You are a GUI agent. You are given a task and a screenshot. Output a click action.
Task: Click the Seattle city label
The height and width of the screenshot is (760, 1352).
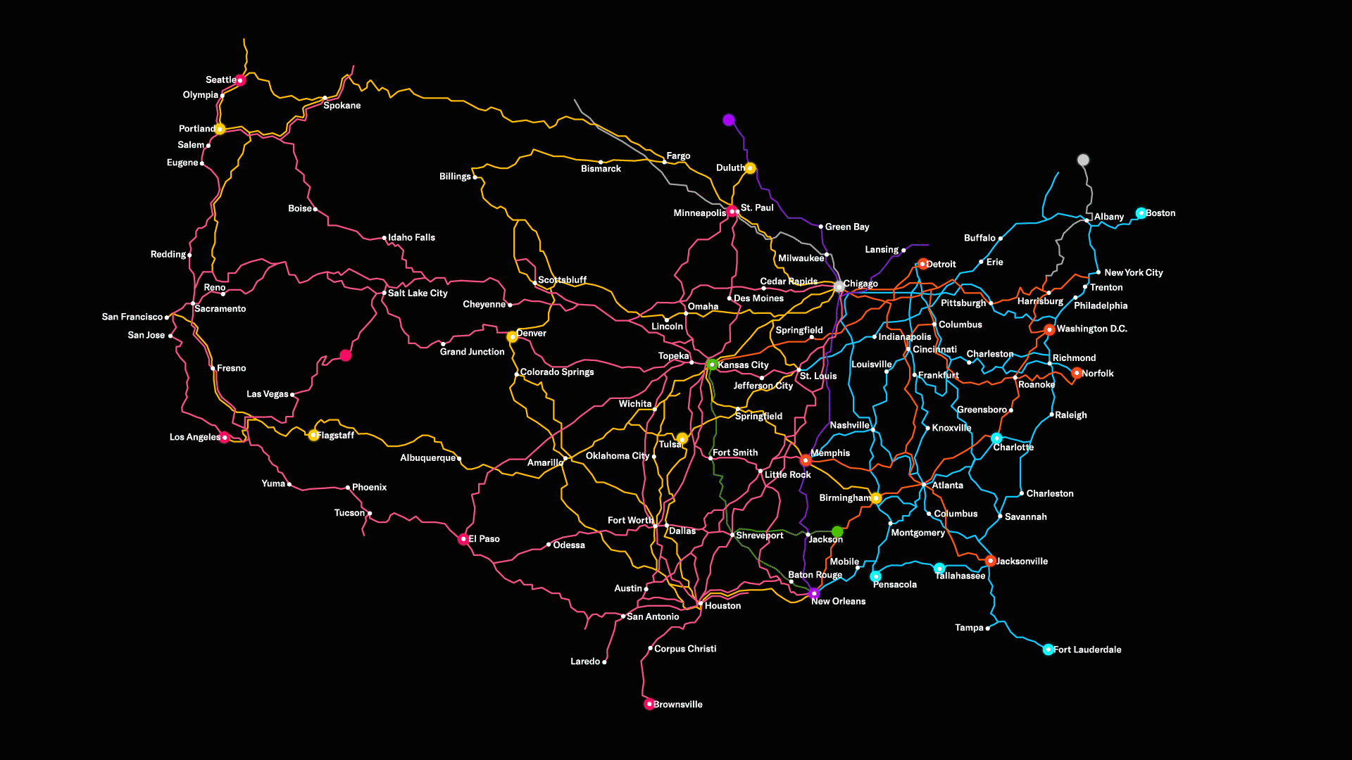(220, 80)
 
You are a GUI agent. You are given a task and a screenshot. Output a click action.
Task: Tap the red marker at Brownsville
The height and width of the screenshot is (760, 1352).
(649, 704)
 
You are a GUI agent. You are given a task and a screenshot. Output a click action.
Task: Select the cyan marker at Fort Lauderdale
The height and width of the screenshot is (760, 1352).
(1048, 650)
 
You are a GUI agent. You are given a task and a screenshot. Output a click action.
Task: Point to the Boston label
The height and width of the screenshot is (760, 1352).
(1160, 213)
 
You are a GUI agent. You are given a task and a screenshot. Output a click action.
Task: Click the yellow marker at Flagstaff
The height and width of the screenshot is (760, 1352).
(313, 436)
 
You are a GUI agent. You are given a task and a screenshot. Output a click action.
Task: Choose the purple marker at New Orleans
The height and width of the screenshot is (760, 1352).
(814, 593)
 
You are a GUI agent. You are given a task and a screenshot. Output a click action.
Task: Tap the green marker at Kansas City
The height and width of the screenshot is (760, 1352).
(712, 365)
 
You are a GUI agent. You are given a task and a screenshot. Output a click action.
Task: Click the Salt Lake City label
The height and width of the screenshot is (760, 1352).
(418, 293)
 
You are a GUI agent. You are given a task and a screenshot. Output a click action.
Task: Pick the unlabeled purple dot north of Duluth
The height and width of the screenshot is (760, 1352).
(729, 120)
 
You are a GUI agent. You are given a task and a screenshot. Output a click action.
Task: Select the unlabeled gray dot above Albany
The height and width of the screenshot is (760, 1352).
(1083, 160)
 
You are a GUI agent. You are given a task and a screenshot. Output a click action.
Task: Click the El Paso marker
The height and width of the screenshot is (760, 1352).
(463, 539)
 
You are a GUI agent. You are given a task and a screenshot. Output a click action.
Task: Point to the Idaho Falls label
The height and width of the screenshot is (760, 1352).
(411, 238)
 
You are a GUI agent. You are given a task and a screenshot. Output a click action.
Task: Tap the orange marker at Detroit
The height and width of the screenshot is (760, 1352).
(922, 265)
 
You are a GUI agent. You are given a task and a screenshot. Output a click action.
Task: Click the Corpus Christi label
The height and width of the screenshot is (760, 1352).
(685, 649)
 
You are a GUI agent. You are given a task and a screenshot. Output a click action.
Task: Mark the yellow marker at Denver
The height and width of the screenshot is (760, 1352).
(512, 337)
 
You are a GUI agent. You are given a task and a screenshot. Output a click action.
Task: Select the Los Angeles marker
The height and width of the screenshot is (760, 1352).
(225, 438)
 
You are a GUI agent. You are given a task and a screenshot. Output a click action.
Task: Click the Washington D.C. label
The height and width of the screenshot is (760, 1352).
(1091, 329)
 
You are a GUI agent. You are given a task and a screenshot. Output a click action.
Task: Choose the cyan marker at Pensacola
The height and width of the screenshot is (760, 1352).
(875, 576)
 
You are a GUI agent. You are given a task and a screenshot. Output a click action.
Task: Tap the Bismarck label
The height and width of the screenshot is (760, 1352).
(601, 169)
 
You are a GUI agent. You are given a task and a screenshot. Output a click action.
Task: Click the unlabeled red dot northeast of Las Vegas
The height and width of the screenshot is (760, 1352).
(346, 355)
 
